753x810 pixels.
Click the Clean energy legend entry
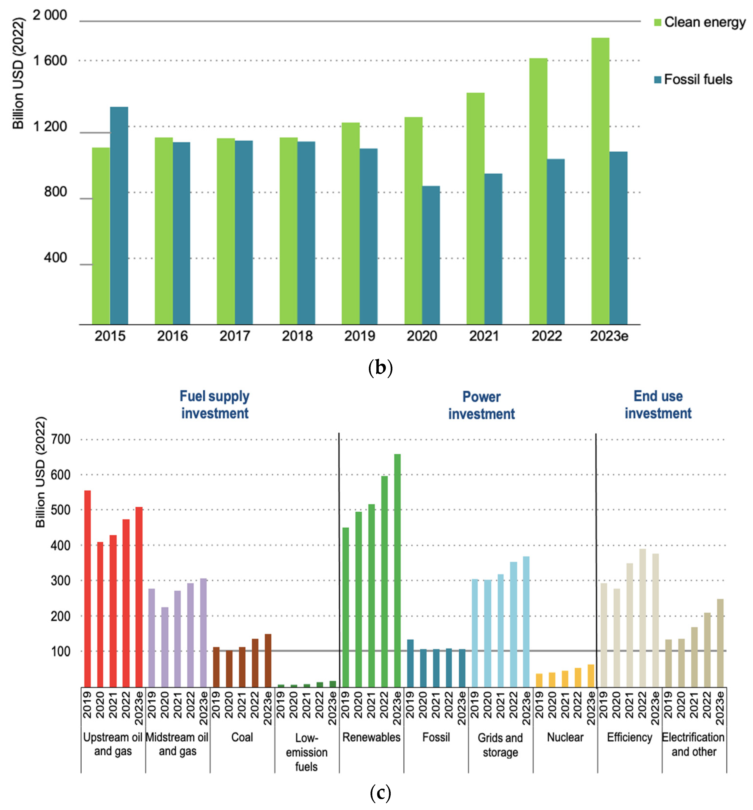pos(699,22)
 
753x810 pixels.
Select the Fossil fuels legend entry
pos(693,79)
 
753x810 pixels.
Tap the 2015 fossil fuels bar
pos(119,216)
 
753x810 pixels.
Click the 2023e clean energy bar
pos(600,181)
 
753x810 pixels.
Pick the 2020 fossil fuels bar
pos(431,255)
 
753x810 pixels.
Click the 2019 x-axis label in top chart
pos(359,336)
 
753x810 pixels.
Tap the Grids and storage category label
pos(500,745)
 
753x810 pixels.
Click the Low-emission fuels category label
pos(306,752)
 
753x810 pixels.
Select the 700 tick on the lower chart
pos(61,439)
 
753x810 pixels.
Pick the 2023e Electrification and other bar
pos(720,643)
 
